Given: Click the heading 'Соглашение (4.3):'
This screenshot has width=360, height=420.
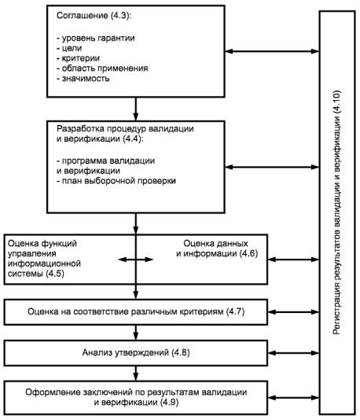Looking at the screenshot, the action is (x=94, y=16).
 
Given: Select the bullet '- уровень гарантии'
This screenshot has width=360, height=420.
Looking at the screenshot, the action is (x=96, y=38).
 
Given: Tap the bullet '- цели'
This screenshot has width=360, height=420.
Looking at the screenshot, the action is (x=69, y=48).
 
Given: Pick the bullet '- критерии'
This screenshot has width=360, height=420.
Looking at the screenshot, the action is (x=78, y=58).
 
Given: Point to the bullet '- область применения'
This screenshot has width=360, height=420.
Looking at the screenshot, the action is (x=102, y=68).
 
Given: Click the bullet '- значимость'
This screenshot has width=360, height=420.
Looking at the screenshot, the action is (x=83, y=79).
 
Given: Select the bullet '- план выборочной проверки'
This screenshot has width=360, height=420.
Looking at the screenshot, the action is (x=116, y=181).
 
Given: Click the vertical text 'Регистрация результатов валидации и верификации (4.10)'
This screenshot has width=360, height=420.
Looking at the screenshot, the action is (x=337, y=212).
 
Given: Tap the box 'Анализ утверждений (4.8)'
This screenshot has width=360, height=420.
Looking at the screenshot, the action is (x=136, y=353).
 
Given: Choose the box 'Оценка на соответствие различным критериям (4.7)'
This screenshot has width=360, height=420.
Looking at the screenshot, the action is (x=136, y=312).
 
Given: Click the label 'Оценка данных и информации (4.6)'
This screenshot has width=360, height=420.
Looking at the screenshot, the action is (x=217, y=249).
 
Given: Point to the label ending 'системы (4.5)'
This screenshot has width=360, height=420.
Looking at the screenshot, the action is (x=44, y=259).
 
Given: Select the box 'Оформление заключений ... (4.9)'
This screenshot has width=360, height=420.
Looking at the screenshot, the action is (x=136, y=397).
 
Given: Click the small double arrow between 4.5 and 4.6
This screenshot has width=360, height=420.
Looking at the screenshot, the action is (x=136, y=260).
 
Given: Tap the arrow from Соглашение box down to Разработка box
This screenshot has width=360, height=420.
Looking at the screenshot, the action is (x=136, y=109).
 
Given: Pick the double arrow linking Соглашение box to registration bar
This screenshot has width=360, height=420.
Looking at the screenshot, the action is (x=272, y=51).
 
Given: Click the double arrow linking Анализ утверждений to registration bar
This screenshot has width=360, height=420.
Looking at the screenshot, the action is (x=294, y=353).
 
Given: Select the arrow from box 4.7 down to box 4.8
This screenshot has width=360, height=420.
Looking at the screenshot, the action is (x=136, y=333).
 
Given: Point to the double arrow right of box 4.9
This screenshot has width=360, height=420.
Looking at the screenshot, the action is (x=294, y=398).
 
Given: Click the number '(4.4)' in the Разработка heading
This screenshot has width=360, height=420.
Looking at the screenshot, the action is (x=133, y=138).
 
